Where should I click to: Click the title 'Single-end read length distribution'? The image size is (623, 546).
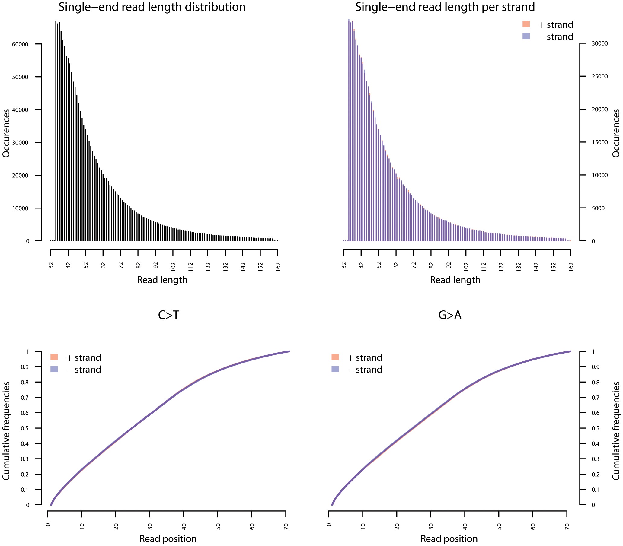click(152, 7)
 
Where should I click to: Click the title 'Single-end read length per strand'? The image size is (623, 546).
click(445, 7)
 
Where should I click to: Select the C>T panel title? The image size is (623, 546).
click(168, 315)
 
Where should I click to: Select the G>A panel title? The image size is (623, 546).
click(449, 315)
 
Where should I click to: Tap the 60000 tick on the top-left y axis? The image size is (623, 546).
click(20, 44)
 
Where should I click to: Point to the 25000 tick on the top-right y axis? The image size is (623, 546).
click(599, 77)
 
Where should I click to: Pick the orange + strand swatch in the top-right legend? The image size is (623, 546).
click(526, 24)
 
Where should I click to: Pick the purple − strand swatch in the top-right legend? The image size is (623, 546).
click(526, 36)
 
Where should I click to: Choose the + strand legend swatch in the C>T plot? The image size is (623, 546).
click(54, 357)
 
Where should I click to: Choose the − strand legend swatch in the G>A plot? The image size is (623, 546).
click(335, 369)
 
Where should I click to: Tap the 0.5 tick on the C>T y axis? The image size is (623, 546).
click(25, 428)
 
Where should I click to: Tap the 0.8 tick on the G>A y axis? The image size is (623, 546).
click(596, 383)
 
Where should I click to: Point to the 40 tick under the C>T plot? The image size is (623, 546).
click(184, 526)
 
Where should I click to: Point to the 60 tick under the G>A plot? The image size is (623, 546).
click(533, 526)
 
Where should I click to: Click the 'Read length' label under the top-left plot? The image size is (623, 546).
click(162, 280)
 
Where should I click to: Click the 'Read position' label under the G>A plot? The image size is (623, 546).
click(449, 539)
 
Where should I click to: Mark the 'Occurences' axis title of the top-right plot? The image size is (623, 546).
click(616, 133)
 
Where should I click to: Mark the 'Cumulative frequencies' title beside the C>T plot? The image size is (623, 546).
click(6, 431)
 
